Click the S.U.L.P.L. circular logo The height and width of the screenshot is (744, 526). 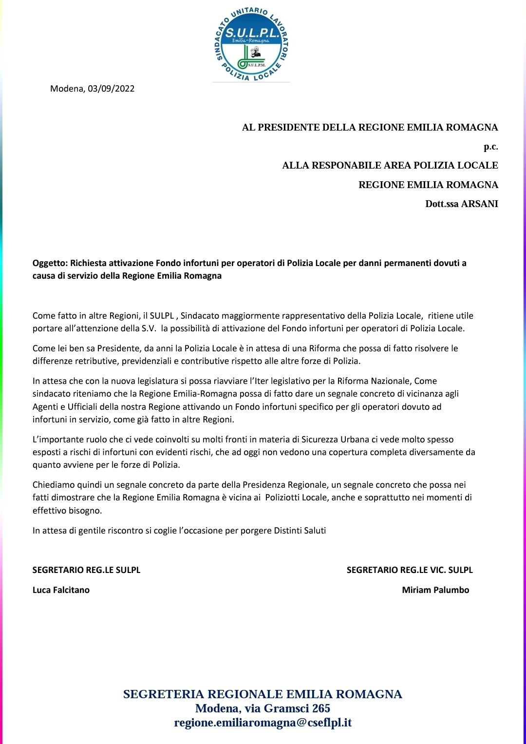point(251,45)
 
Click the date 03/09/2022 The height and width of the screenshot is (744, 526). point(111,89)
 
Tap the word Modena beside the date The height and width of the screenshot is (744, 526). point(67,89)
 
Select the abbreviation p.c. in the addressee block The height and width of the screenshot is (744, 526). point(490,146)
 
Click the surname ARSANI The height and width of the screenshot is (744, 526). point(479,204)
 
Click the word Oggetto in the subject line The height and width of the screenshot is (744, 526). point(50,263)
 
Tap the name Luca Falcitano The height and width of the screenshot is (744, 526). point(61,590)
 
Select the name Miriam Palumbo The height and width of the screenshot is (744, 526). point(435,590)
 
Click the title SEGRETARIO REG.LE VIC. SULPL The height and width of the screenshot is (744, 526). point(410,570)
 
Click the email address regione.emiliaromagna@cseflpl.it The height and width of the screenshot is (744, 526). point(263,723)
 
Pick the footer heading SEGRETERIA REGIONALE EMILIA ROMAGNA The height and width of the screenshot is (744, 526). point(263,694)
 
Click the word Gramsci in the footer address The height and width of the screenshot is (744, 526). point(288,708)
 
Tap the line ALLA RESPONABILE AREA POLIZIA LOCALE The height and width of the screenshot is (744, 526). point(390,166)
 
